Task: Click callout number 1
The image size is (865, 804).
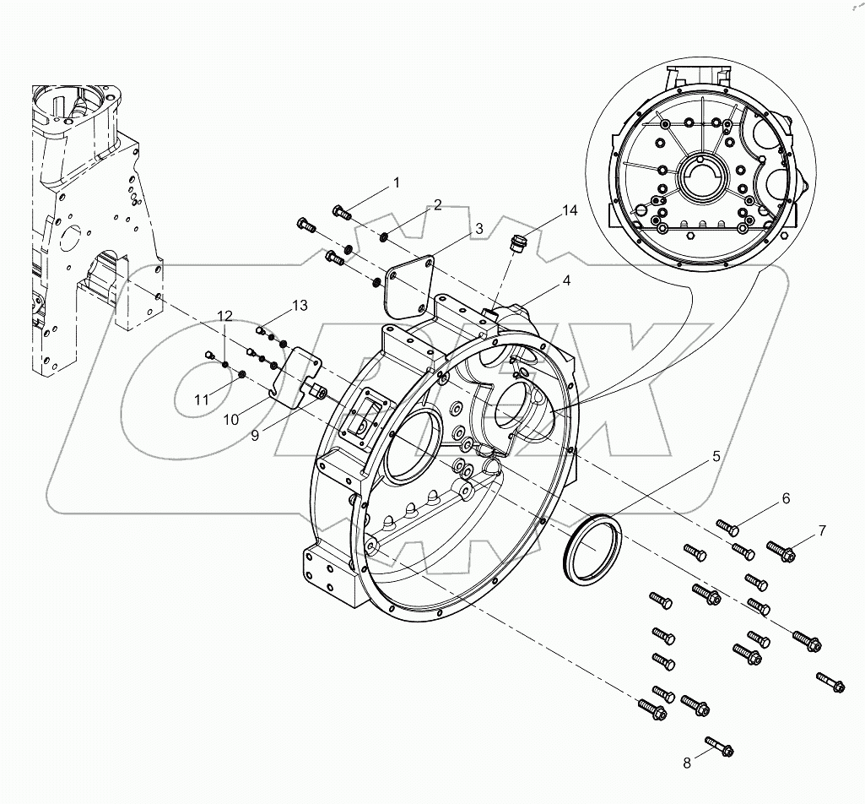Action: [395, 182]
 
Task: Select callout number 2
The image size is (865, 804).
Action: [438, 204]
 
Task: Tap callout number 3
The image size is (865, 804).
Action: [478, 228]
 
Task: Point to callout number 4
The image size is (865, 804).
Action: [565, 280]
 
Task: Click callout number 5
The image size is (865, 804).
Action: [716, 456]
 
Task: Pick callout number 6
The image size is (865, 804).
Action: [785, 498]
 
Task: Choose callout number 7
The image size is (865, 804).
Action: [821, 530]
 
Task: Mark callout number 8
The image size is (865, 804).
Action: [686, 763]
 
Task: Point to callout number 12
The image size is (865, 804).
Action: [224, 315]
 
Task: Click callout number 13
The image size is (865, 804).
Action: [300, 304]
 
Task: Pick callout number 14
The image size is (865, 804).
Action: [570, 211]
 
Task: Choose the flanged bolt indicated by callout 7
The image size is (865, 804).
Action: [781, 551]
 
